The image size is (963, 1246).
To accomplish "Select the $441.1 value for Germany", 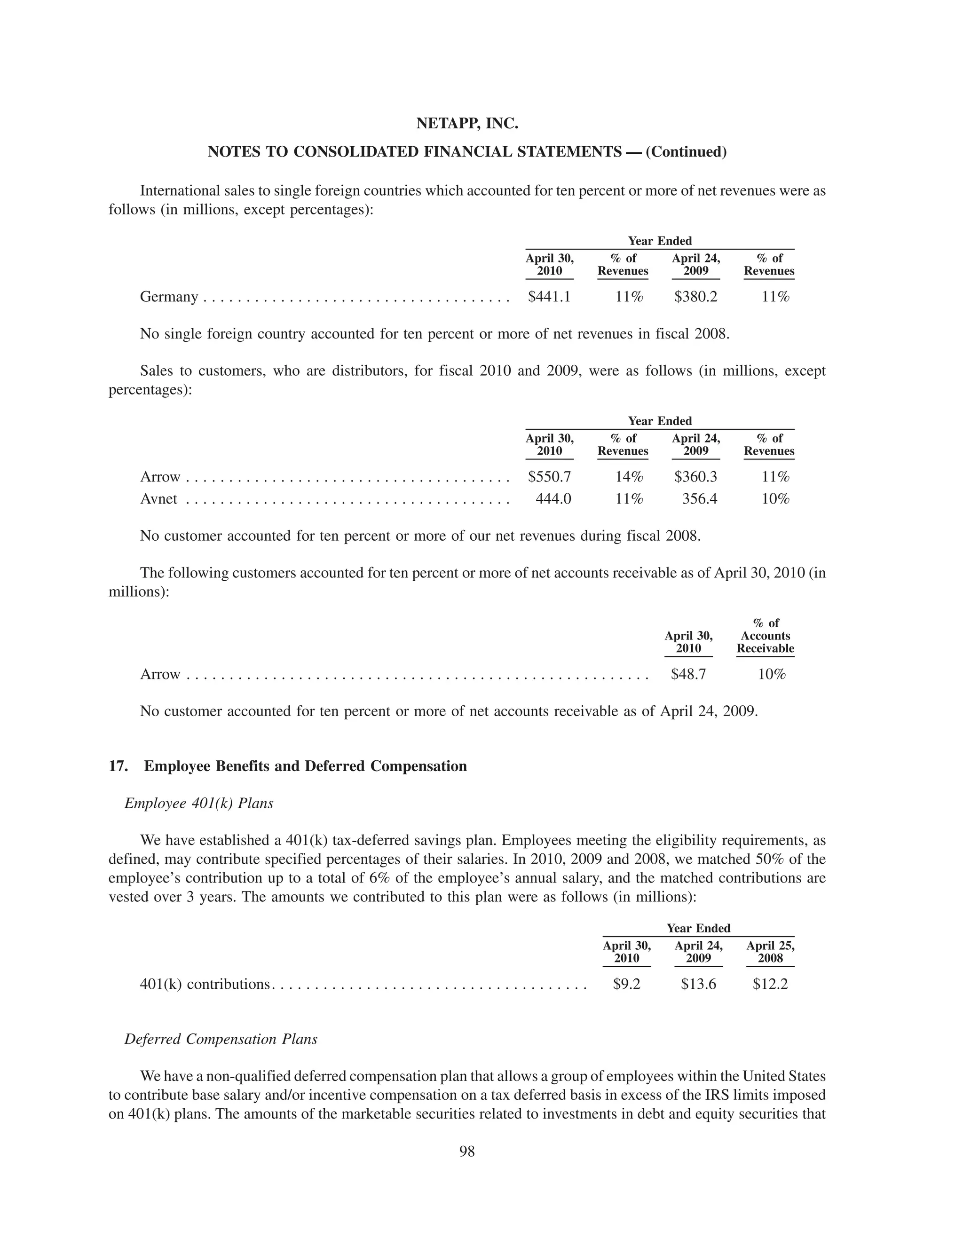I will (549, 297).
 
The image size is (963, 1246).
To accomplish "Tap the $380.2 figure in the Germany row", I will (695, 297).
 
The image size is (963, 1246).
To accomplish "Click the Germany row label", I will (169, 297).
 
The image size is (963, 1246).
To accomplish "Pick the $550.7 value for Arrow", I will (549, 477).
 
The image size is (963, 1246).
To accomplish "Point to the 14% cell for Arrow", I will (629, 477).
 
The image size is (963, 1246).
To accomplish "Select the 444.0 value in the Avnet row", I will (553, 499).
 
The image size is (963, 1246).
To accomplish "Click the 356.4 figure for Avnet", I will (699, 499).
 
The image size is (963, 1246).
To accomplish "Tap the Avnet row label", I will (158, 499).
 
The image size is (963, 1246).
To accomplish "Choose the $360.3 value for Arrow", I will (695, 477).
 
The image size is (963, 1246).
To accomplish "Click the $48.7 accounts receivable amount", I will (688, 674).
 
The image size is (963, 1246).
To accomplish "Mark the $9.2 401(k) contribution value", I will (626, 984).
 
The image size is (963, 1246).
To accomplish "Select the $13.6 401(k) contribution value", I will (698, 984).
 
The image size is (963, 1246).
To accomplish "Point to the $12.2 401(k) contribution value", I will (770, 984).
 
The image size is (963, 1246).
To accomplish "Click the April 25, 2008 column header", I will (770, 952).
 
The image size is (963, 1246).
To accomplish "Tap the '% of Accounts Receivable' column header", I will (765, 636).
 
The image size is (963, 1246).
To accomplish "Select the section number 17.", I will (118, 766).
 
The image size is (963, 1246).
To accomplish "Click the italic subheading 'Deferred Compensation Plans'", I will (221, 1039).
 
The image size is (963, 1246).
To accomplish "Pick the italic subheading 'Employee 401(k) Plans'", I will (198, 803).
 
